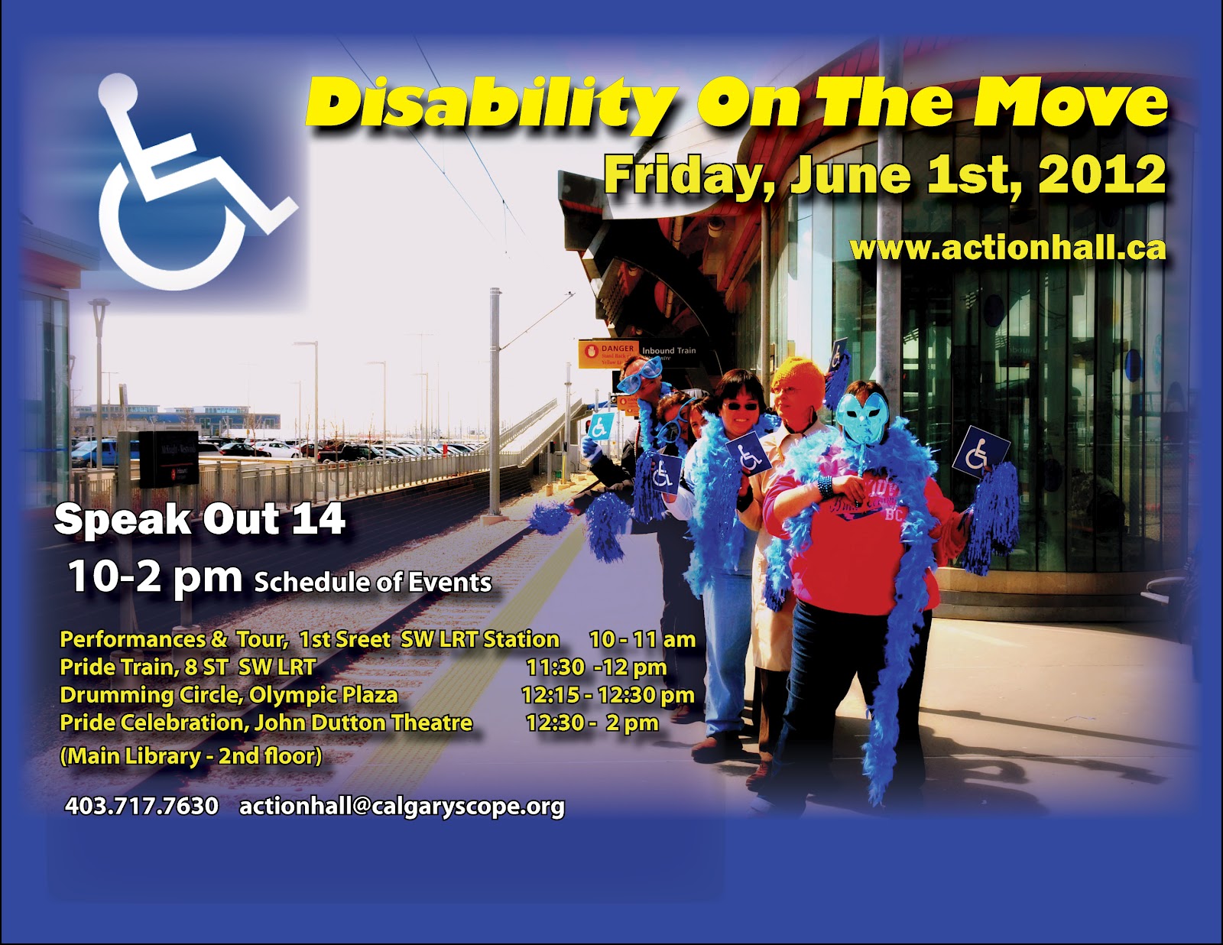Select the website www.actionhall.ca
point(1007,248)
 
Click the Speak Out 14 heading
point(200,520)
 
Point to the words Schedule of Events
point(373,583)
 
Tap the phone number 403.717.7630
point(141,806)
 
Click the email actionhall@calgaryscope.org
point(402,807)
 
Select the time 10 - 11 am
point(642,639)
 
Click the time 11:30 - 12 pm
point(596,667)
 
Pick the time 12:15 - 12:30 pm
point(608,695)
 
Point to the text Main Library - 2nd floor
point(191,756)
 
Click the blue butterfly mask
point(862,417)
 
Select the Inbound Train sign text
point(669,351)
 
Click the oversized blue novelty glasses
point(641,372)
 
